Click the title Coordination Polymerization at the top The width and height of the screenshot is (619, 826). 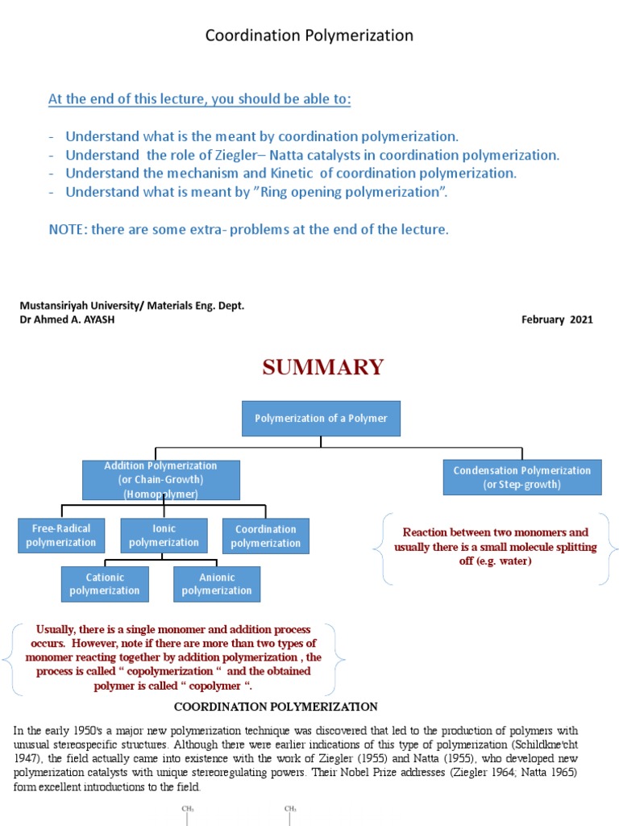pyautogui.click(x=309, y=35)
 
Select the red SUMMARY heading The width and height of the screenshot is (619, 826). pyautogui.click(x=322, y=367)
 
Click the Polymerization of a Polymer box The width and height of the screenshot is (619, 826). pyautogui.click(x=321, y=419)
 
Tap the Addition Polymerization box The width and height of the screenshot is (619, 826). pyautogui.click(x=160, y=480)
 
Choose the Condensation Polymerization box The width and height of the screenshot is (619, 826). pyautogui.click(x=521, y=477)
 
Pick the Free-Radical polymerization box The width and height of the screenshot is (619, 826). pyautogui.click(x=60, y=536)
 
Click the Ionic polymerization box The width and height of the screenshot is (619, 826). pyautogui.click(x=164, y=536)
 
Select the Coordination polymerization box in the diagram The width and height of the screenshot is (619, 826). pyautogui.click(x=265, y=536)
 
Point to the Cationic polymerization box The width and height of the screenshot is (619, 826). pyautogui.click(x=104, y=584)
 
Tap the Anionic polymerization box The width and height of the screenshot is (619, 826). pyautogui.click(x=217, y=584)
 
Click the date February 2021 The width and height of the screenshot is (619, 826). pyautogui.click(x=557, y=319)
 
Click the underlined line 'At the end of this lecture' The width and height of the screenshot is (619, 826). pyautogui.click(x=200, y=99)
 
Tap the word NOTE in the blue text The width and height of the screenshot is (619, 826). pyautogui.click(x=67, y=229)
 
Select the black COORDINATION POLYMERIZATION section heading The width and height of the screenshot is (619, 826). pyautogui.click(x=276, y=707)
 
